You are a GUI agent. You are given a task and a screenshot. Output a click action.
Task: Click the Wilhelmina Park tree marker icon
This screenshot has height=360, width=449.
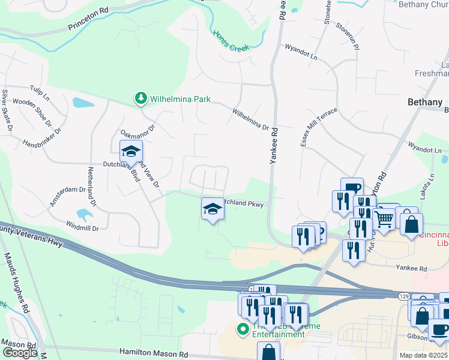140,98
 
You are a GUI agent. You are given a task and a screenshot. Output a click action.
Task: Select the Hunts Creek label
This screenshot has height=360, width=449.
231,42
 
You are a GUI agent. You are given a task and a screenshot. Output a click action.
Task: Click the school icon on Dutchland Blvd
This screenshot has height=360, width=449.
130,152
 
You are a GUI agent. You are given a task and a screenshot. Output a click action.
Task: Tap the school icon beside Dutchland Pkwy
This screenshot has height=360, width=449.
211,209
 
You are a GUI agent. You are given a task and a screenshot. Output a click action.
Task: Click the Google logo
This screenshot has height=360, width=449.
19,353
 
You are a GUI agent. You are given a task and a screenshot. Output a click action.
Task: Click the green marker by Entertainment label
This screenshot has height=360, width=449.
243,328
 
